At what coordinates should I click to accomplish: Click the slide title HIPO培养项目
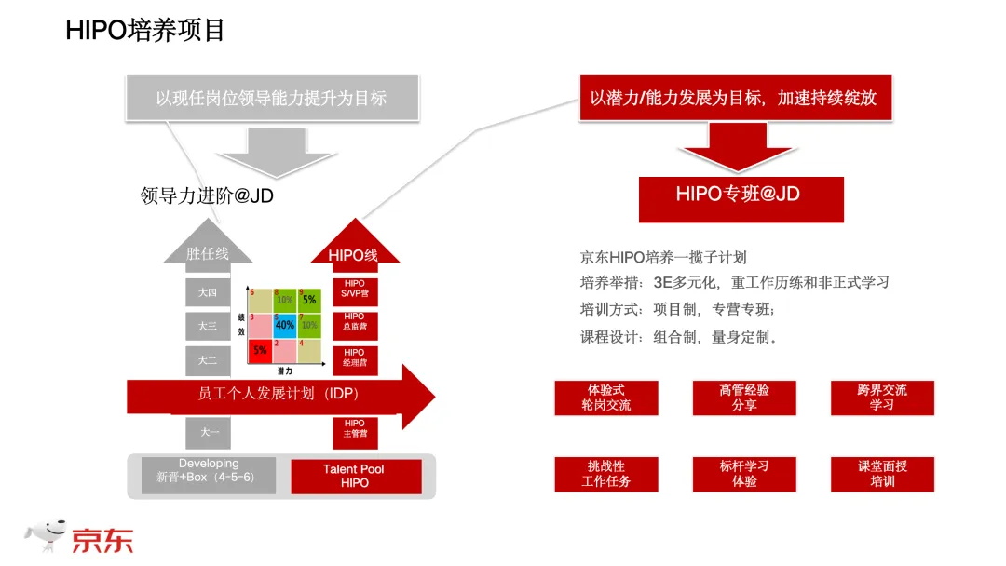point(145,31)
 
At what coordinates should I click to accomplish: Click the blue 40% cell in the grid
point(284,325)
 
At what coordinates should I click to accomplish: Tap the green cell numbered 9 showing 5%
point(308,300)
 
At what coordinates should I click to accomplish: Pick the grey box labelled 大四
point(208,293)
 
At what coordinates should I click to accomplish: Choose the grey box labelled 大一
point(208,432)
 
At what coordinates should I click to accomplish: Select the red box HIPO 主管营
point(354,429)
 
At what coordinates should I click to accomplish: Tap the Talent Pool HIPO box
point(354,476)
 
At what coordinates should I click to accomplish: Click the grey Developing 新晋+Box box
point(209,475)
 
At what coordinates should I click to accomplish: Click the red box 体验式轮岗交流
point(605,398)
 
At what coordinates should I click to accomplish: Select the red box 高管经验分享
point(744,398)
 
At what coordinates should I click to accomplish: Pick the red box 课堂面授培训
point(882,474)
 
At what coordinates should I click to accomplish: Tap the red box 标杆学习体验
point(744,474)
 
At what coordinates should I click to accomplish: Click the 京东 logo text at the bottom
point(102,539)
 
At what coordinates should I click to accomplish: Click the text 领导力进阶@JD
point(207,196)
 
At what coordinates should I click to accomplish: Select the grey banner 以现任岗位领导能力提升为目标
point(271,98)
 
